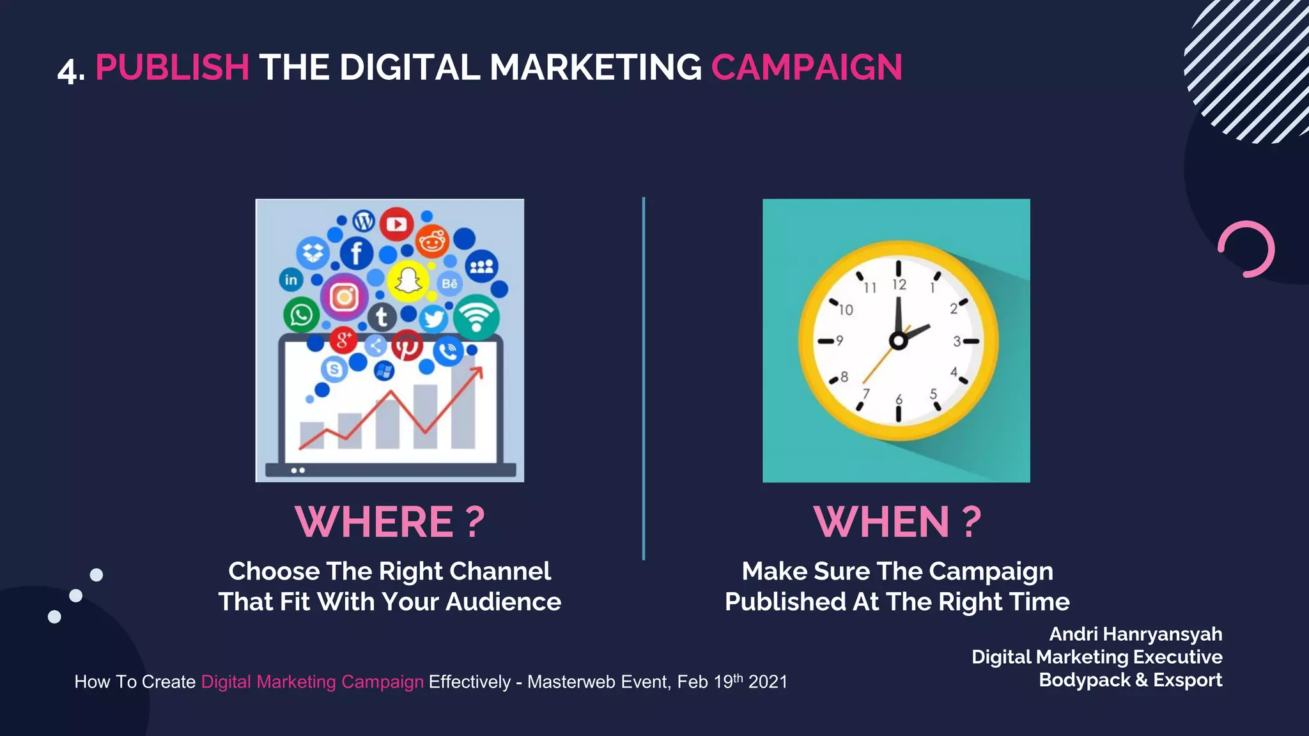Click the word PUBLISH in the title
[x=172, y=68]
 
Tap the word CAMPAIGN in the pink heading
[x=807, y=68]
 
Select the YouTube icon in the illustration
[x=396, y=224]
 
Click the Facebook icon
[x=357, y=253]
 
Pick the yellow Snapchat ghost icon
[x=408, y=280]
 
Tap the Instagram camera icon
[x=344, y=297]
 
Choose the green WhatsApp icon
[x=301, y=315]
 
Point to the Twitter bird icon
[x=433, y=318]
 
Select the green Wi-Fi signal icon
[x=476, y=317]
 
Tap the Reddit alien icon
[x=433, y=242]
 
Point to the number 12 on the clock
[x=899, y=285]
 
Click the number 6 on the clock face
[x=899, y=400]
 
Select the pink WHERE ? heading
[x=390, y=521]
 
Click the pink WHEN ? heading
[x=897, y=521]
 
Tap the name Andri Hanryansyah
[x=1135, y=634]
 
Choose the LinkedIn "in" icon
[x=291, y=279]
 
